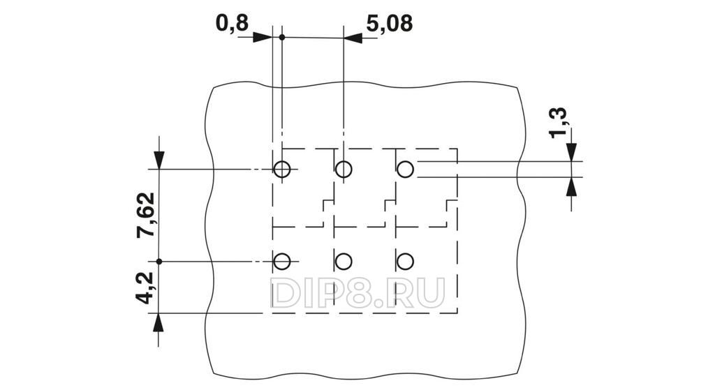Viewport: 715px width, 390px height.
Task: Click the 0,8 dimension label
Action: click(232, 23)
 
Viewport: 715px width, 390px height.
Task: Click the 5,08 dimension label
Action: click(390, 23)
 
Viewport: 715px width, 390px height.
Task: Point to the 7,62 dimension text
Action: click(146, 216)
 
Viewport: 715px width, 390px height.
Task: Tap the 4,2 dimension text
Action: click(146, 287)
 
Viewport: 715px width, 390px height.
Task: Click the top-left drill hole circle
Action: click(282, 170)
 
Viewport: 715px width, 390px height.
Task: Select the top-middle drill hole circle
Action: click(344, 170)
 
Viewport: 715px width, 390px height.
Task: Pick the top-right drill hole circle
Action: click(405, 170)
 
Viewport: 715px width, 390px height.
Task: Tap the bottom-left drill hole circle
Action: click(282, 262)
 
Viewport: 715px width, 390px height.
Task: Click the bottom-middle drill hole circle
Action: click(344, 262)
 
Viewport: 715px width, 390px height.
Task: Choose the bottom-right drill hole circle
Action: click(405, 262)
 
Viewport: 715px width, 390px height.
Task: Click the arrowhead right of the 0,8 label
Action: click(263, 38)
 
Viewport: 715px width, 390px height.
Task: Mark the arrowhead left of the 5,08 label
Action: click(353, 38)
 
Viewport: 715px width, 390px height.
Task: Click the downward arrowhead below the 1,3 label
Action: click(571, 152)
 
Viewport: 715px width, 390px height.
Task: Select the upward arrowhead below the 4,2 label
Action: click(159, 323)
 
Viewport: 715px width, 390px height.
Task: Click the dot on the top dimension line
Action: click(282, 38)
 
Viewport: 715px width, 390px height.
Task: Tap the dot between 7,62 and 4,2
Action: click(159, 262)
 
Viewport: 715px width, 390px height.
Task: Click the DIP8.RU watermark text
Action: click(358, 292)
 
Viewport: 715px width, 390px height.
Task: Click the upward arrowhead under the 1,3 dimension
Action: click(571, 186)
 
